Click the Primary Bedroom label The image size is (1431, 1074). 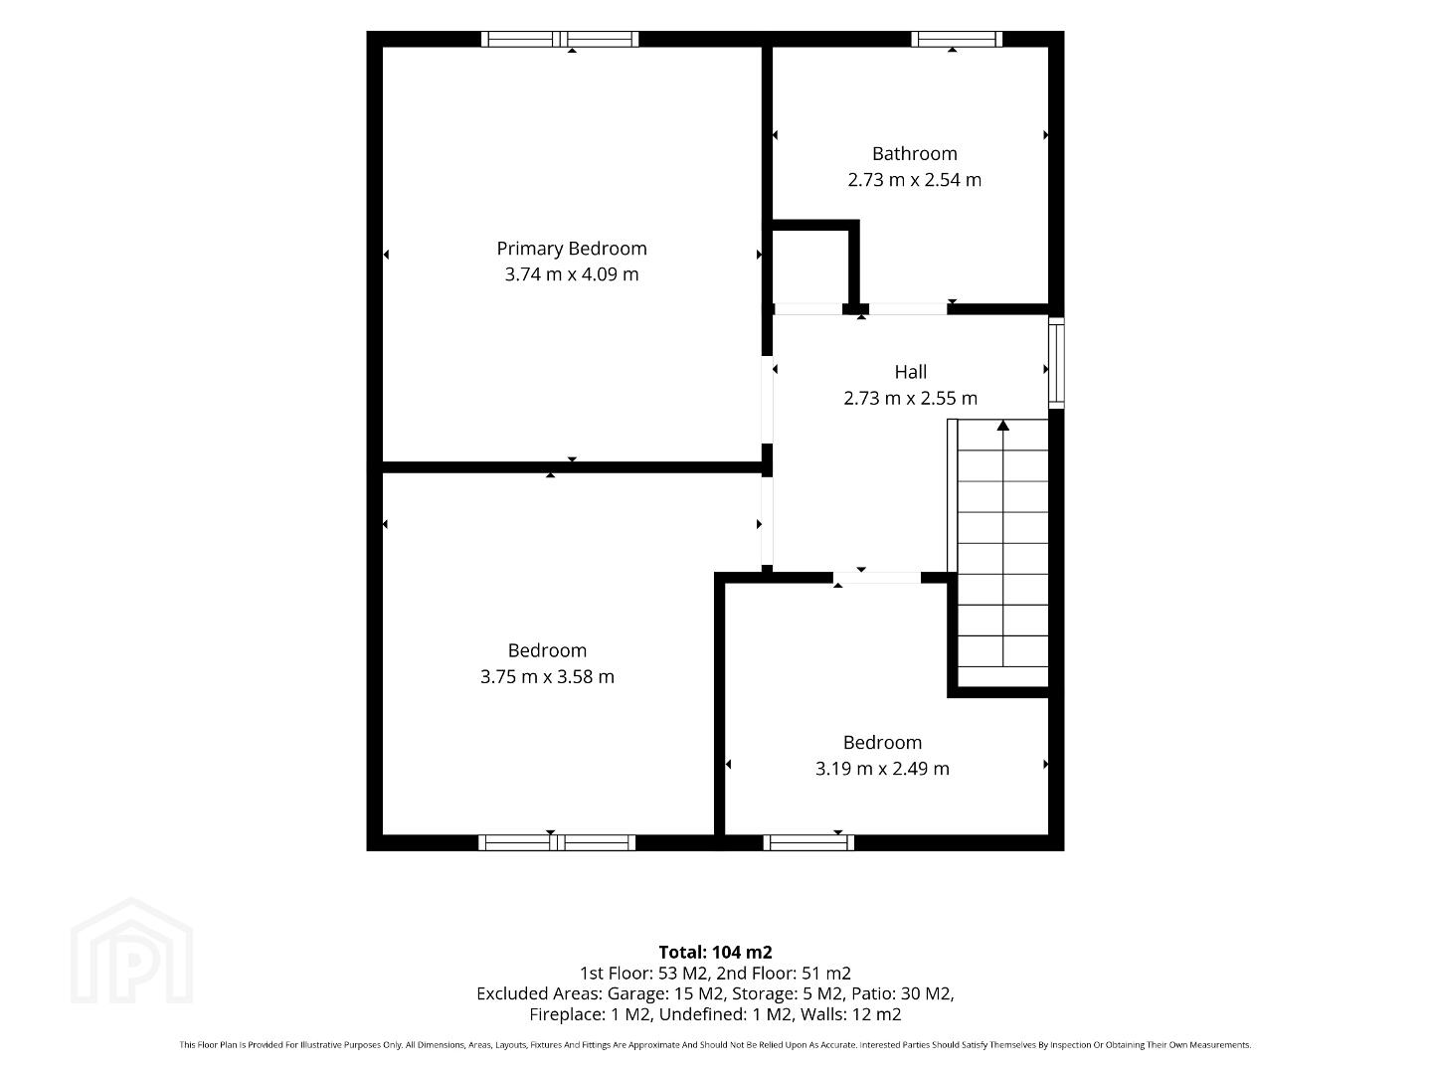tap(571, 249)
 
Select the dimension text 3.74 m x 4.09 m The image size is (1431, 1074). tap(571, 274)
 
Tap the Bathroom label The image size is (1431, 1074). tap(914, 154)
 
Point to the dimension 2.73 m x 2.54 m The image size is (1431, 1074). tap(914, 180)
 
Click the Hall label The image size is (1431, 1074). tap(910, 372)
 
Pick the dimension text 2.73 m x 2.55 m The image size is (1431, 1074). tap(910, 398)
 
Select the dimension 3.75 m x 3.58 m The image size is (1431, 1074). tap(547, 677)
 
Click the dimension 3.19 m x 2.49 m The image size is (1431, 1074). tap(881, 769)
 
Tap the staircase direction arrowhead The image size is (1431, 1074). tap(1002, 426)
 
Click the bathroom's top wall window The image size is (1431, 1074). tap(957, 39)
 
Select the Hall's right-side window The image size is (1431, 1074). tap(1056, 363)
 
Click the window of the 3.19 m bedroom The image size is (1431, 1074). tap(808, 842)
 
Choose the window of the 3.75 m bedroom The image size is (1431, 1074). tap(557, 842)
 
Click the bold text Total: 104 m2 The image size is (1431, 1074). tap(715, 953)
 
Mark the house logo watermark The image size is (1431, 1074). tap(131, 951)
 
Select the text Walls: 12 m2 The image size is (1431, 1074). tap(851, 1014)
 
